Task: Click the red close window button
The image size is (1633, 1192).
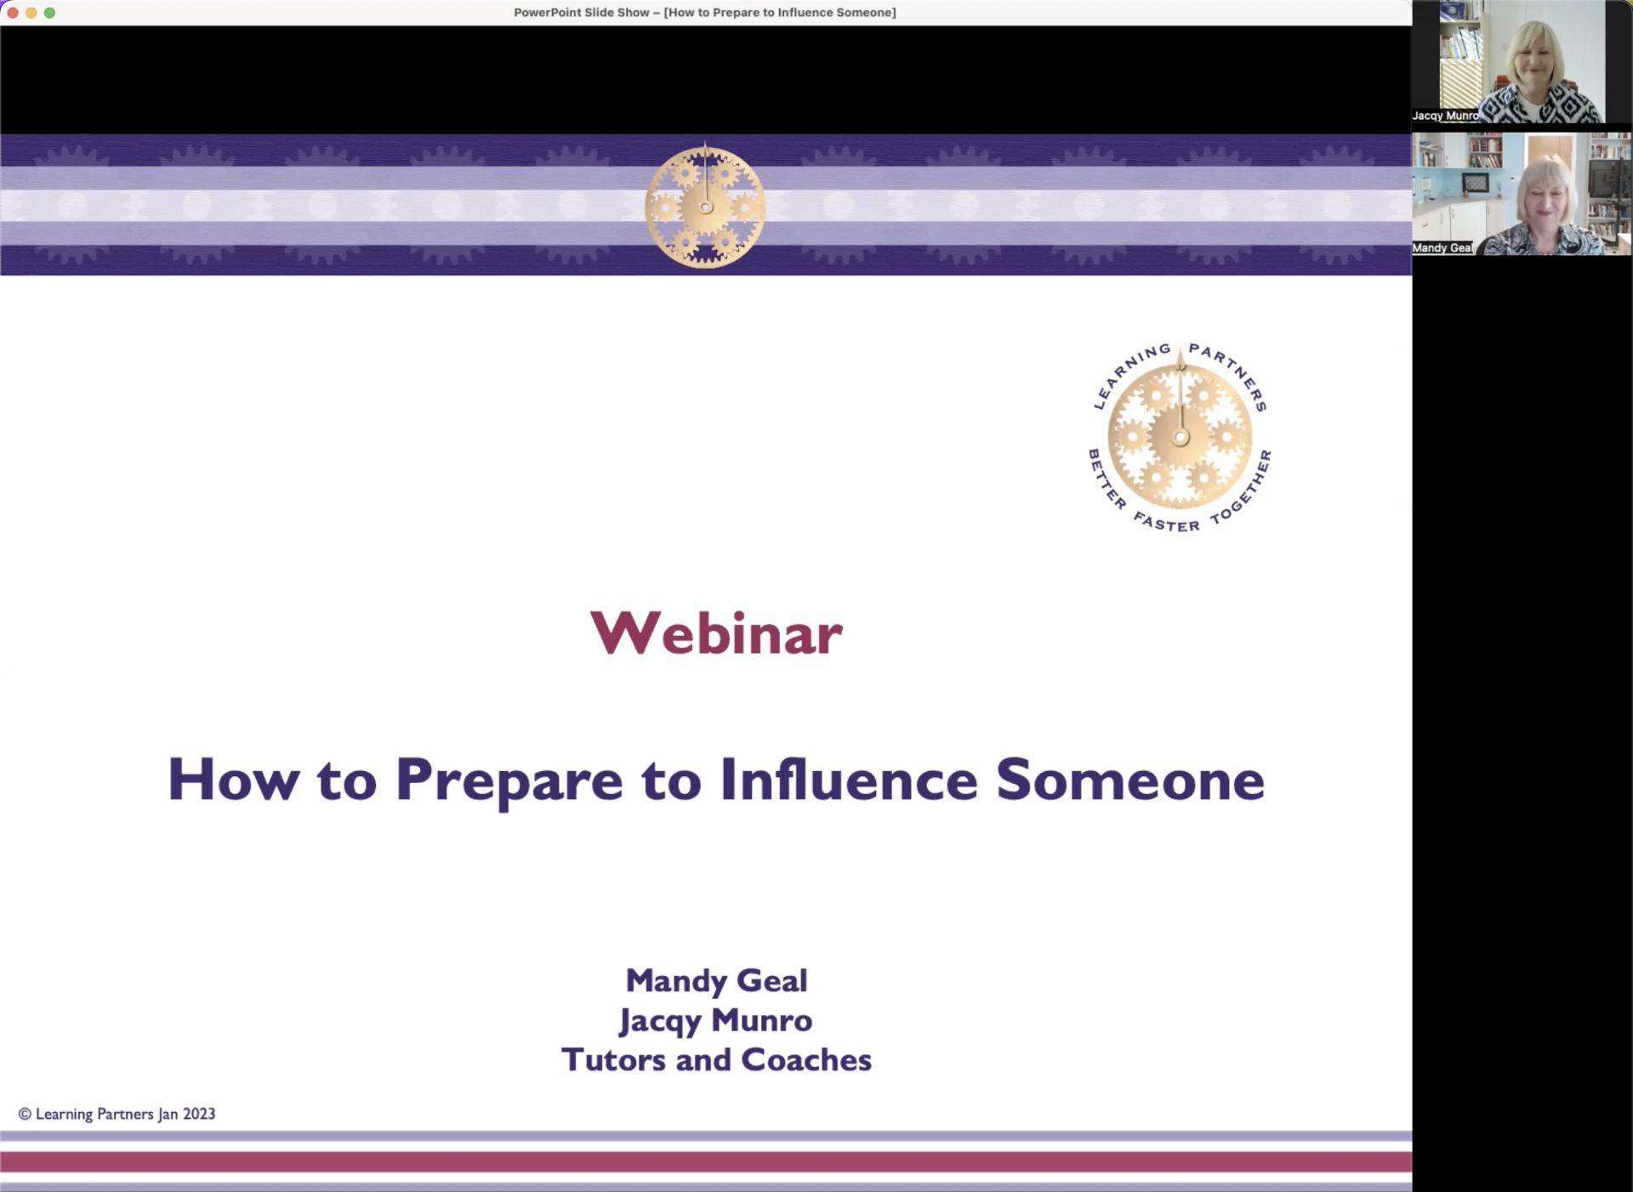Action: point(13,13)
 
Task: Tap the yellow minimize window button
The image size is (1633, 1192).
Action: point(31,13)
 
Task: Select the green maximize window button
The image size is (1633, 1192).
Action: point(49,13)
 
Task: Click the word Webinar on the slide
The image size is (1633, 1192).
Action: point(716,633)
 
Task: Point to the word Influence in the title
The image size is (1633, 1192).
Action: point(849,779)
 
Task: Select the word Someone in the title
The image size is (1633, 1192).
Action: point(1130,780)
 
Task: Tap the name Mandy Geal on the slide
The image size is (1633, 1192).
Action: point(716,980)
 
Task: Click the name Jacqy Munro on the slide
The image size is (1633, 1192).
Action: point(715,1020)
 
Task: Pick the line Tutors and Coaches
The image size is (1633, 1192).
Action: point(716,1059)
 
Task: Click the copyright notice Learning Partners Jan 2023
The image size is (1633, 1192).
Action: point(117,1114)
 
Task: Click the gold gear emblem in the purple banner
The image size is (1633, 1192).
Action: point(705,206)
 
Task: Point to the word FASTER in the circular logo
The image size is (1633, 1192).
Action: point(1166,521)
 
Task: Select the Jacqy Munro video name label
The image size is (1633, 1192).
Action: point(1445,116)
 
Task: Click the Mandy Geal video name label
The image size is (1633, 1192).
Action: point(1442,248)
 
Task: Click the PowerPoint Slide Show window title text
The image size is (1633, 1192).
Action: point(705,13)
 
